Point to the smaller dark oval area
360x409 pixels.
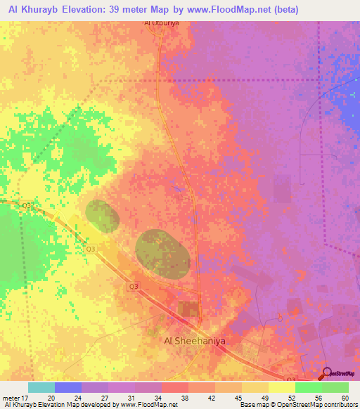103,216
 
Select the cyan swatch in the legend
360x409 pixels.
41,387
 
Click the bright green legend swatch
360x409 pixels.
308,387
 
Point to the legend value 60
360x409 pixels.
345,397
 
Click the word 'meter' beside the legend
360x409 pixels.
11,397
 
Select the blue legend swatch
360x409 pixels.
68,387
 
